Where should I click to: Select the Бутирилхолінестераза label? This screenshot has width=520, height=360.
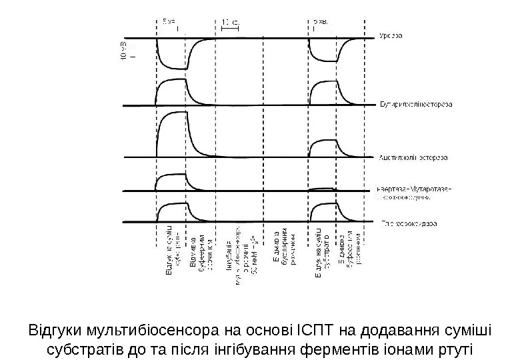click(417, 105)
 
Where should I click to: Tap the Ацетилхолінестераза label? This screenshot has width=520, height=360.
click(413, 158)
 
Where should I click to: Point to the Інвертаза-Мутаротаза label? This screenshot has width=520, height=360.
click(414, 189)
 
